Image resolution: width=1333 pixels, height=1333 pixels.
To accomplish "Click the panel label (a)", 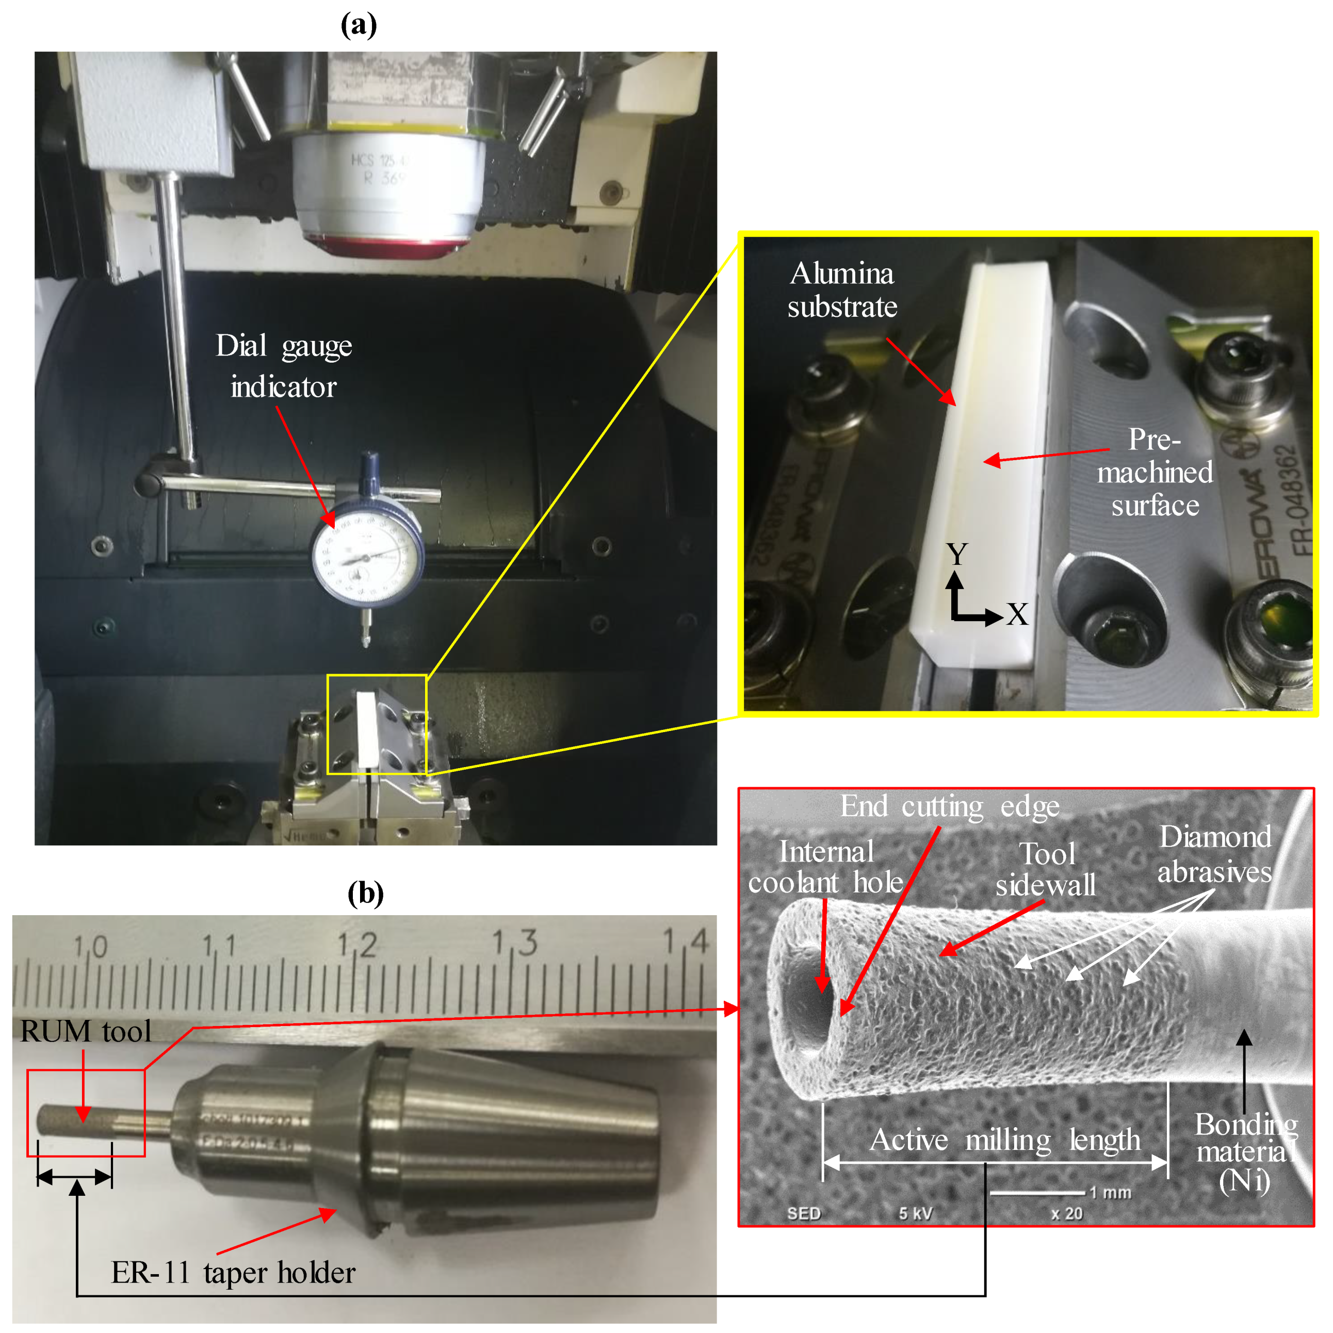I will tap(359, 25).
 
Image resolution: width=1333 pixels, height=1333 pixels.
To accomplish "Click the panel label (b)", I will tap(365, 893).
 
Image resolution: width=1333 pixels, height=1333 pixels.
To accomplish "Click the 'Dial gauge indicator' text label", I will tap(284, 366).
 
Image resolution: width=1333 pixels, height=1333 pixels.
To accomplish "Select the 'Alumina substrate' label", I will tap(842, 290).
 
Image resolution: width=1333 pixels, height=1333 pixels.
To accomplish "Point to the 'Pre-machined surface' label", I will tap(1155, 472).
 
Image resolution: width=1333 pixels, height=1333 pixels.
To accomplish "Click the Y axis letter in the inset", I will tap(957, 554).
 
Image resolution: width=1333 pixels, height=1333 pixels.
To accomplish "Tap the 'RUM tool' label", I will tap(86, 1031).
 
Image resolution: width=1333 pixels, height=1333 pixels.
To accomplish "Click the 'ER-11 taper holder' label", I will tap(233, 1273).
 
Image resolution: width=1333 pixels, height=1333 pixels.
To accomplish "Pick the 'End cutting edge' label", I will tap(949, 806).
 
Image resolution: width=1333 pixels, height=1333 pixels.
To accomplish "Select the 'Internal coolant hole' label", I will tap(825, 867).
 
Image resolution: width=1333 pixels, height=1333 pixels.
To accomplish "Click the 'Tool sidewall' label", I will tap(1046, 869).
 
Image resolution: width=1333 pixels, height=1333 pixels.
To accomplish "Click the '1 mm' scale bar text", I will tap(1110, 1192).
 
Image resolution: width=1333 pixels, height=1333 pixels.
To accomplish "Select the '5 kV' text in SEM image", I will tap(916, 1214).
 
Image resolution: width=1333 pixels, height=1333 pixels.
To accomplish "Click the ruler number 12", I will tap(357, 944).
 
